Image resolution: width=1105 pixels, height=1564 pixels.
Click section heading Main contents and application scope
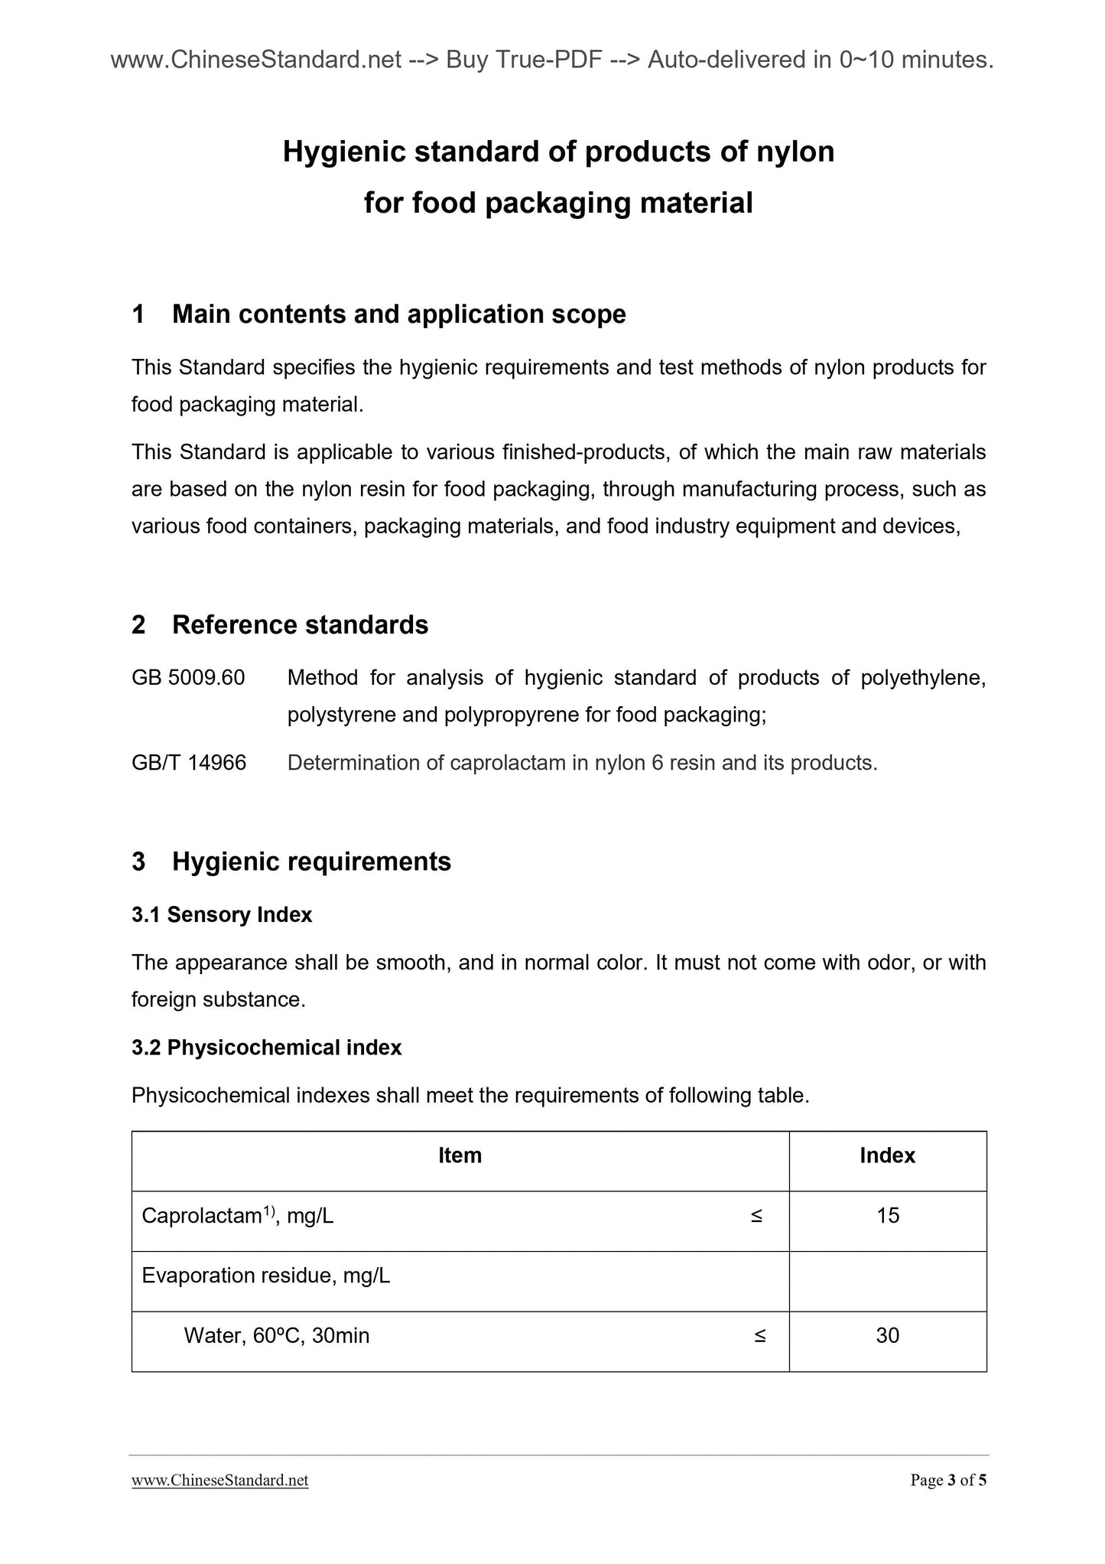click(398, 314)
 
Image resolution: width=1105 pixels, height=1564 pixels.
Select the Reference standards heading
click(300, 624)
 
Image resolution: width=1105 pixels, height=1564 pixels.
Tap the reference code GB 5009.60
click(188, 678)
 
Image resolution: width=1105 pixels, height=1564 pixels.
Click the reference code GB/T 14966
click(189, 763)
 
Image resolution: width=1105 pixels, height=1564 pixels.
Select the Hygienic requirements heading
click(311, 862)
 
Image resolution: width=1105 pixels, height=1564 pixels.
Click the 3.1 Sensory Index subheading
click(222, 914)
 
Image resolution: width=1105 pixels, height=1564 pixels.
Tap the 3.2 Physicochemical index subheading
click(266, 1048)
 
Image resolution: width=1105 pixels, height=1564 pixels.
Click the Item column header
click(460, 1155)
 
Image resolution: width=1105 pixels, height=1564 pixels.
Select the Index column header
click(887, 1155)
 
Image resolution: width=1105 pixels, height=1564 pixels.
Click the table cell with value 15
click(888, 1215)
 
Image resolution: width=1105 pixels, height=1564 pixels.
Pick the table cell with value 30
click(888, 1335)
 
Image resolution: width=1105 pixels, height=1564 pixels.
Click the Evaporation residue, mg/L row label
click(266, 1276)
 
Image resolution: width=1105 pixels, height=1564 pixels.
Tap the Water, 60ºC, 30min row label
click(277, 1335)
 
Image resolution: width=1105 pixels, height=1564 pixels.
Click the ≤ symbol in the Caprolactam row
click(756, 1215)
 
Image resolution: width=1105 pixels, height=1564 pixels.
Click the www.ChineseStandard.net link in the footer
click(220, 1480)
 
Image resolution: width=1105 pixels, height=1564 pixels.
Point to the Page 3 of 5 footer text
click(948, 1480)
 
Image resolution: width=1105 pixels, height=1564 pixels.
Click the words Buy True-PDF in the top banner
click(524, 60)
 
